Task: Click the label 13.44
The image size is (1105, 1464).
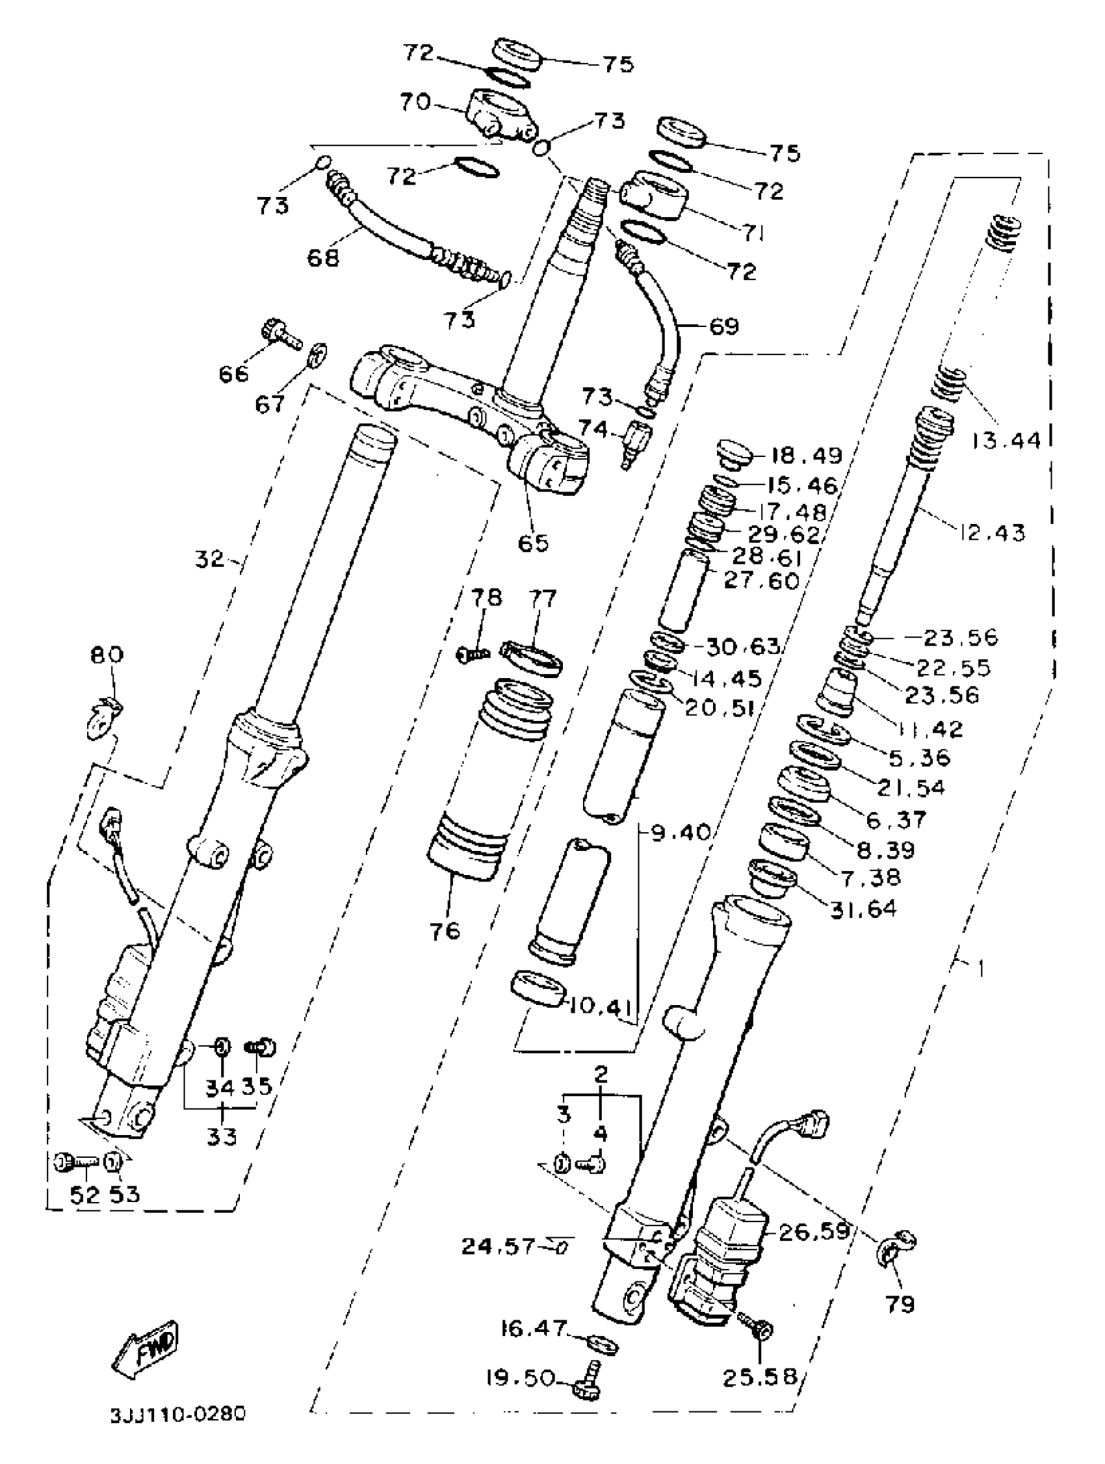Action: tap(1007, 439)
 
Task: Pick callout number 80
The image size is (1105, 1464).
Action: tap(107, 655)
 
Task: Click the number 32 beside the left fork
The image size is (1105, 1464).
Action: tap(210, 559)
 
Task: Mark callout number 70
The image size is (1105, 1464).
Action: tap(415, 102)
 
